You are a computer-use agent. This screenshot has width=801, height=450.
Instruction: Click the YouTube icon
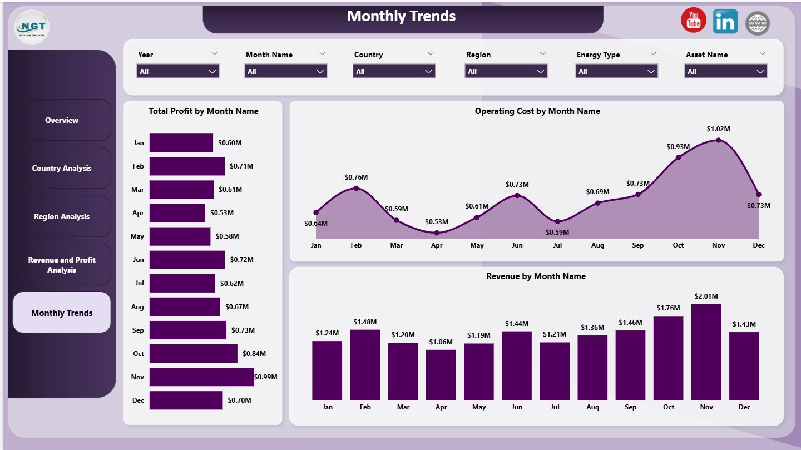693,21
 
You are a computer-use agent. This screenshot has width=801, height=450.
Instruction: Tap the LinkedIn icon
725,22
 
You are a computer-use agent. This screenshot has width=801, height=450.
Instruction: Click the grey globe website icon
757,23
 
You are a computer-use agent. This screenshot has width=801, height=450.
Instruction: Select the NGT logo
32,27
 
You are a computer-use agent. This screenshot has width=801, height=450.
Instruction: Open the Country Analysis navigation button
62,168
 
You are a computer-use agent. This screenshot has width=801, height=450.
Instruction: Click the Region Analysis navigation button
62,216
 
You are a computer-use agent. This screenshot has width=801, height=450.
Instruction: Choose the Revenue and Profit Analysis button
62,265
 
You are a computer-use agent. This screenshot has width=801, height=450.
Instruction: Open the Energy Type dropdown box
617,71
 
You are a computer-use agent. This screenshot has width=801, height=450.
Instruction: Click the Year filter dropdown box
177,71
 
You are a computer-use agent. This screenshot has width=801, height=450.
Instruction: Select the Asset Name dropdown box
725,71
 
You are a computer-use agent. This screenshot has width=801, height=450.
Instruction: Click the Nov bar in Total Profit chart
201,377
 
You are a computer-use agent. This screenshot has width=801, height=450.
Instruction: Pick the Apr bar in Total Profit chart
177,213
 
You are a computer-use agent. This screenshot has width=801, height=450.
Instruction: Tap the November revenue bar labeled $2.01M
706,352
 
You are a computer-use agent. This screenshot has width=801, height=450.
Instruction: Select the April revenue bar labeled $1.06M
441,375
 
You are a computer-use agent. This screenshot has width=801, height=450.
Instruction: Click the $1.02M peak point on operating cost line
718,140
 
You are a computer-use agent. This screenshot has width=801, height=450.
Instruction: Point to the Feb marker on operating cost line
356,188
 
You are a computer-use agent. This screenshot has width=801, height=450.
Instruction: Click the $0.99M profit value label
265,377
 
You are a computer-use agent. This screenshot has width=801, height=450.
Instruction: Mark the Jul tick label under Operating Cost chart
557,245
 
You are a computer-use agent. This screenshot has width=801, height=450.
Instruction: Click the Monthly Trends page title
402,16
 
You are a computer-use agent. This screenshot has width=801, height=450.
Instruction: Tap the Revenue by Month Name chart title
536,276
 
